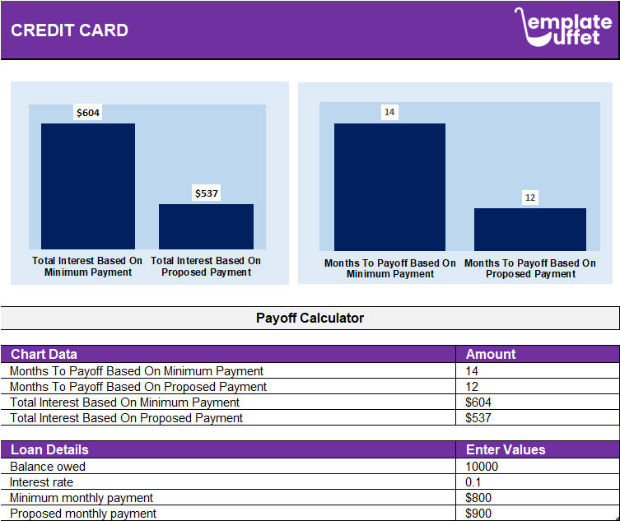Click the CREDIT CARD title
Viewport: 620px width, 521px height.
[69, 30]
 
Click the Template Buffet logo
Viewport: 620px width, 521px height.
[564, 27]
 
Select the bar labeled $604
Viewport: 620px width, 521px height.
[88, 186]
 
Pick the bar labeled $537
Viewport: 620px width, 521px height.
[206, 226]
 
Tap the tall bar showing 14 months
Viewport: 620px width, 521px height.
[389, 187]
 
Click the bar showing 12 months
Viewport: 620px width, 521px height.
[529, 229]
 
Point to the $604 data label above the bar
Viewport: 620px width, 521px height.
[88, 113]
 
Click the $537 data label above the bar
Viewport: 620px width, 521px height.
[207, 193]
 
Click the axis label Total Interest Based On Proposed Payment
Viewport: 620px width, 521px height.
[206, 267]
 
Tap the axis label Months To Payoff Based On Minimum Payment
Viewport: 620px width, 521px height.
[389, 269]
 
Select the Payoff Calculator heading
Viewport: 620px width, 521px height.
[310, 318]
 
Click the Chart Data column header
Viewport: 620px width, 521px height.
[44, 354]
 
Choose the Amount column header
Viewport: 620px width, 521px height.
[491, 354]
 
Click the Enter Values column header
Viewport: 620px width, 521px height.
[506, 449]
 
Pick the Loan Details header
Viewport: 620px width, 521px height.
[49, 449]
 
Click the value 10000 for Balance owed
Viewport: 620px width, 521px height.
[482, 467]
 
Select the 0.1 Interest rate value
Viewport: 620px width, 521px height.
[473, 482]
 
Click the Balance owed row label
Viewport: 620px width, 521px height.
[48, 467]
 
